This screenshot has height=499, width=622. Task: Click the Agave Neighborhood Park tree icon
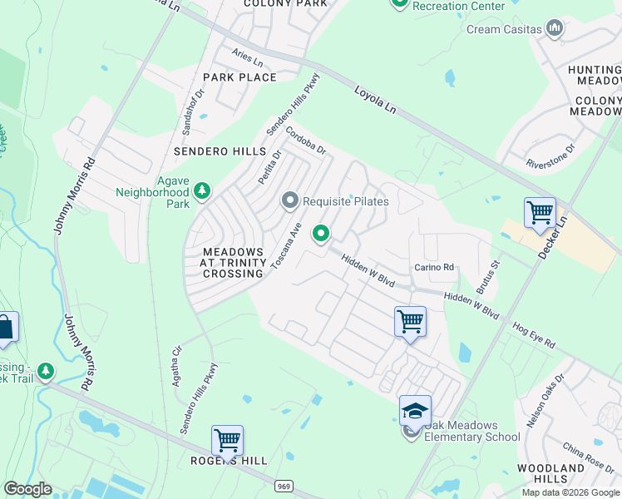[x=201, y=193]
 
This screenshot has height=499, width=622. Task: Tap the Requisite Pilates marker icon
[x=290, y=200]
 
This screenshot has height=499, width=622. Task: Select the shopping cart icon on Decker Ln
[x=540, y=213]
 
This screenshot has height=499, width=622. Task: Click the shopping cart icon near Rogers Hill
[x=227, y=440]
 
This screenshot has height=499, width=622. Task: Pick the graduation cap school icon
[x=415, y=410]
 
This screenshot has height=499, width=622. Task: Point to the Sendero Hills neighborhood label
[x=220, y=152]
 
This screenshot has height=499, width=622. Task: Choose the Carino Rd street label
[x=435, y=268]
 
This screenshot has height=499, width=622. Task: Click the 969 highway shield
[x=284, y=484]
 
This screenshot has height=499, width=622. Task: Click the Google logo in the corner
[x=27, y=489]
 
